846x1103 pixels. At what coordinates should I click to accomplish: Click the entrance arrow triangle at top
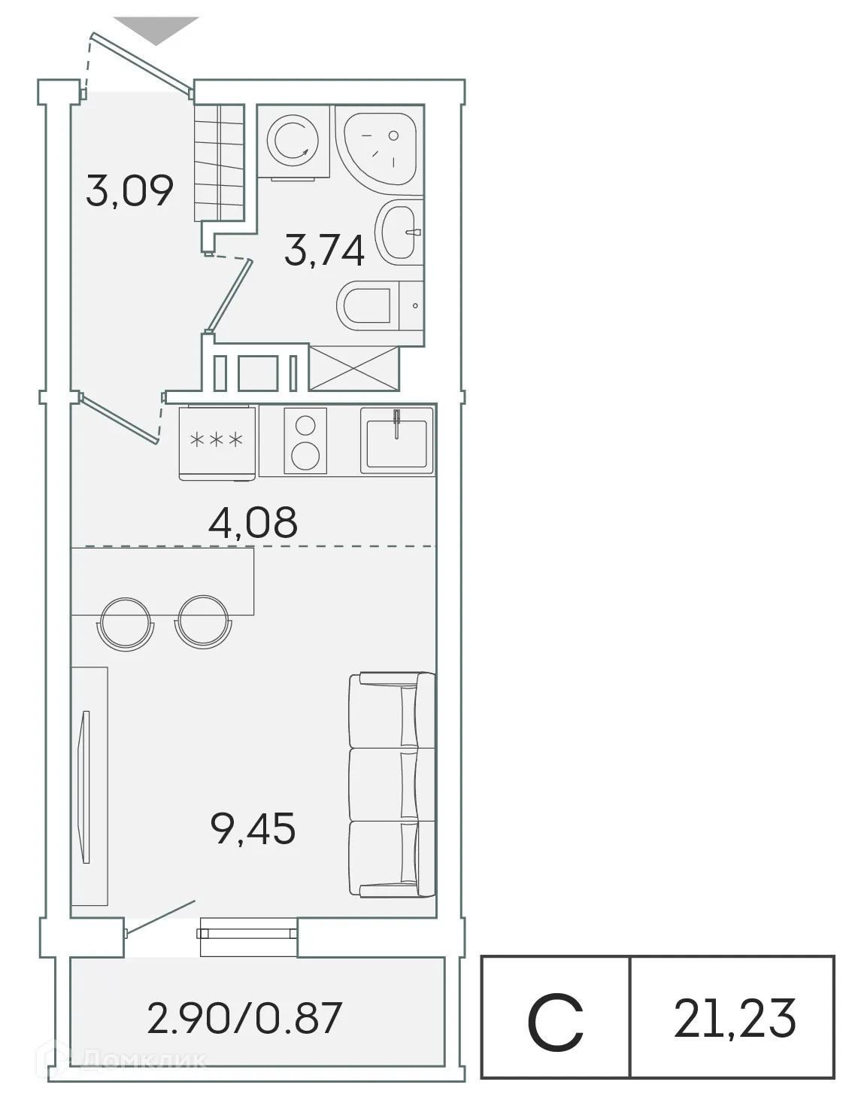coord(159,29)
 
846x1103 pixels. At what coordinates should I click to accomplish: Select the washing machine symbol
coord(293,141)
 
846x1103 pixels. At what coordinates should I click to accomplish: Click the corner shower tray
coord(373,144)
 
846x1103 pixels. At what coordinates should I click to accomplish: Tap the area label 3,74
coord(324,251)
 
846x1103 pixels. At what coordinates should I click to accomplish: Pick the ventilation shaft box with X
coord(353,368)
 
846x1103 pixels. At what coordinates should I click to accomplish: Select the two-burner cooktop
coord(305,441)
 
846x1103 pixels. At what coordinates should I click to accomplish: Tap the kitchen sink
coord(397,441)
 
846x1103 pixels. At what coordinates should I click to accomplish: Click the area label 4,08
coord(253,521)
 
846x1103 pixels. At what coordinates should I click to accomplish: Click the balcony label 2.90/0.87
coord(245,1017)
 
